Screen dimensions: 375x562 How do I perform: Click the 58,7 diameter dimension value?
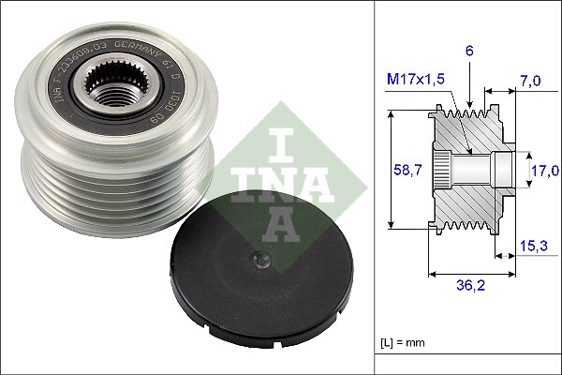[x=403, y=171]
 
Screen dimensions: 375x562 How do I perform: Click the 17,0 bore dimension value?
[x=543, y=171]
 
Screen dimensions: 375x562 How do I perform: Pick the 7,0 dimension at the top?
[x=530, y=82]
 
